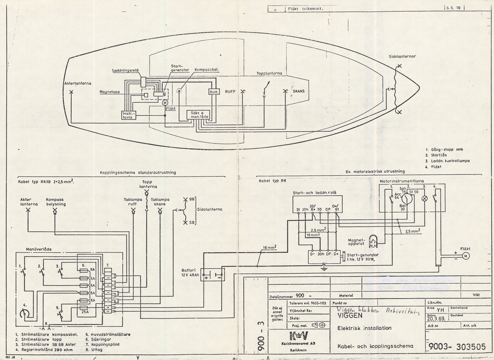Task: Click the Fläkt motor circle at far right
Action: pyautogui.click(x=466, y=256)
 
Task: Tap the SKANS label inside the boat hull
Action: pyautogui.click(x=299, y=91)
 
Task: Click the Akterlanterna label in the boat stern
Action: pyautogui.click(x=77, y=83)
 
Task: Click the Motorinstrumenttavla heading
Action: pyautogui.click(x=402, y=181)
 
